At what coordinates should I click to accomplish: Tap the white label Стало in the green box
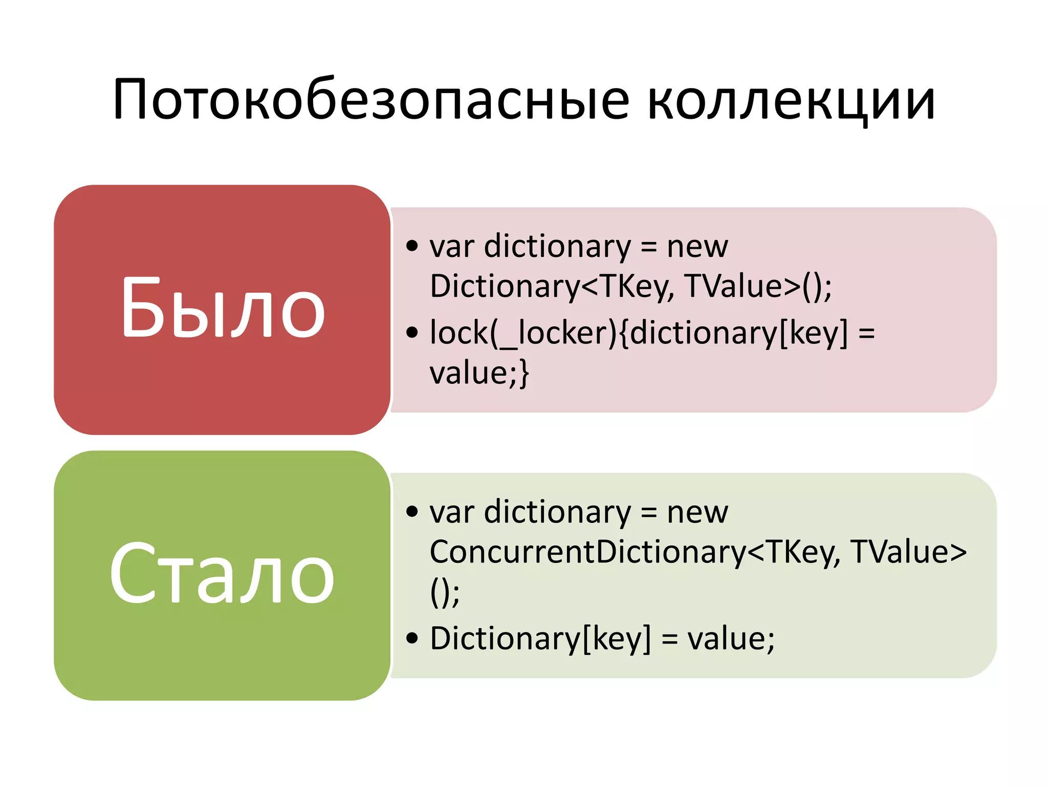222,574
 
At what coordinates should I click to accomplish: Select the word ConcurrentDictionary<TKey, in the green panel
635,553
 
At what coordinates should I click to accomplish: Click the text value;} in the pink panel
479,373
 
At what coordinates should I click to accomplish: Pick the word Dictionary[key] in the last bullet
540,639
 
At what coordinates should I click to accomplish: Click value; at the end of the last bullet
731,639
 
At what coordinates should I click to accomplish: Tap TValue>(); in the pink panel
758,287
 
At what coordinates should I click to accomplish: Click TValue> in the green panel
908,553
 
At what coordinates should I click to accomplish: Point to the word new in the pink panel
697,247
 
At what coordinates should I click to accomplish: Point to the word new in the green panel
697,513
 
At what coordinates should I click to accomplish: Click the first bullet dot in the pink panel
412,246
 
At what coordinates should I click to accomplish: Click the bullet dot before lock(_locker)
412,333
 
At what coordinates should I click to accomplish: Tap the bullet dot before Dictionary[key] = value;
412,638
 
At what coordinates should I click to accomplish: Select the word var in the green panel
452,513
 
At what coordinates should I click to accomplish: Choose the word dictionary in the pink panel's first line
557,247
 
